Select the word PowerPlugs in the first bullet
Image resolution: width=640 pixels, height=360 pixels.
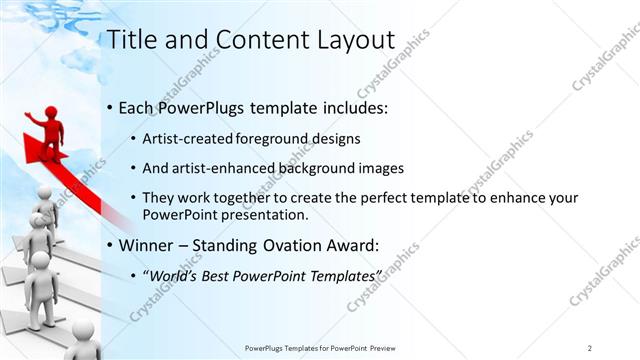(201, 107)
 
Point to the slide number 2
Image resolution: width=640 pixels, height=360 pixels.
(589, 347)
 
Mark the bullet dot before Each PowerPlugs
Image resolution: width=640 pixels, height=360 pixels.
(108, 108)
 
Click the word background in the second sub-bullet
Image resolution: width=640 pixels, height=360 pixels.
(304, 167)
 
